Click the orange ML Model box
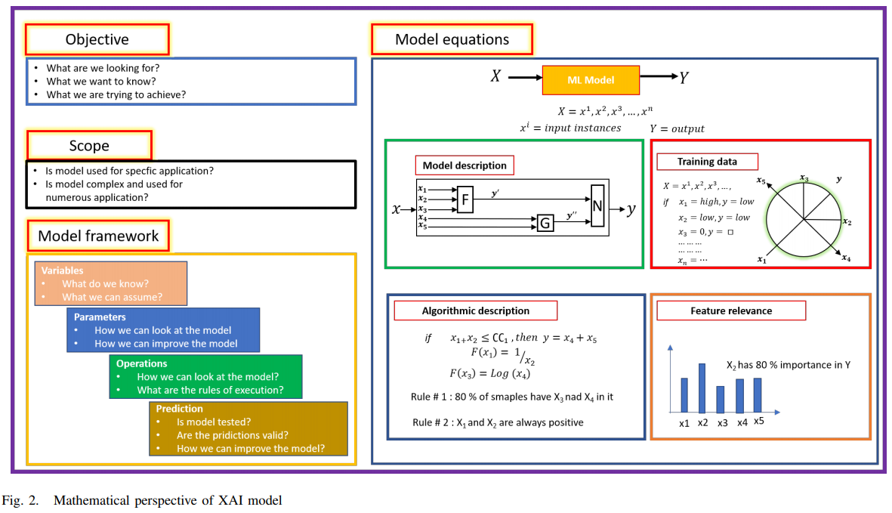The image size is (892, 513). pos(591,79)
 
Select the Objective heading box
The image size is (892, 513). pos(97,39)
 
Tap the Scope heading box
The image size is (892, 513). pos(89,146)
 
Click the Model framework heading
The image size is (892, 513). pos(98,236)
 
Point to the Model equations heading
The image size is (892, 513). pos(452,39)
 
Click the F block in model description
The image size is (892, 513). pos(465,199)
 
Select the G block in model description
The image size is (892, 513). pos(545,222)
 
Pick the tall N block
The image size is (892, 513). pos(598,205)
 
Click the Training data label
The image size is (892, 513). pos(707,162)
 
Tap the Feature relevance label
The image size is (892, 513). pos(730,311)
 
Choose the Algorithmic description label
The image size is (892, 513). pos(475,311)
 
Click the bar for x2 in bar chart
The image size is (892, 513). pos(702,388)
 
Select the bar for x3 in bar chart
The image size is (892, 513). pos(721,399)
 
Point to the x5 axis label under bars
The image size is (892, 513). pos(758,421)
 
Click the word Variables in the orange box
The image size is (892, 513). pos(62,270)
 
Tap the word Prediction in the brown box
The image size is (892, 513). pos(179,409)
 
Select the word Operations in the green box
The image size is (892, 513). pos(141,363)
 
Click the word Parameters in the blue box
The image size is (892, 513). pos(100,317)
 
